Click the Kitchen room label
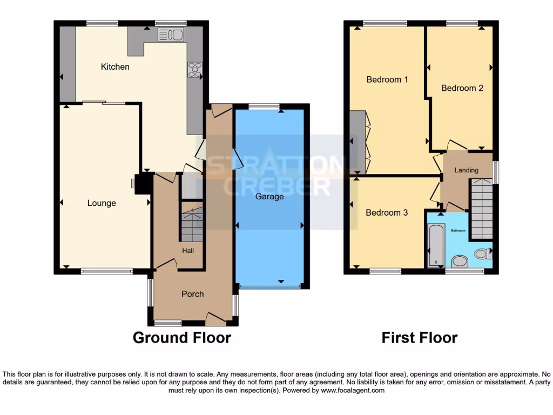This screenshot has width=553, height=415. pos(115,67)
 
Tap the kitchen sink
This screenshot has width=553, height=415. pos(171,35)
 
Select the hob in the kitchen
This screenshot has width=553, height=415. pos(194,70)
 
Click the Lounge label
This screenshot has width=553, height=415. pos(102,203)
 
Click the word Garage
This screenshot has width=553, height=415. pos(269,197)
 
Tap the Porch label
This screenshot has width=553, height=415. pos(192,294)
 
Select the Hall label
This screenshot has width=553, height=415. pos(187,250)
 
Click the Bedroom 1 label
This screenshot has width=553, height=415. pos(387,79)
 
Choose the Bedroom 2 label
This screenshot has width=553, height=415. pos(462,88)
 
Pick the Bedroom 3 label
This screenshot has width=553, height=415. pos(387,212)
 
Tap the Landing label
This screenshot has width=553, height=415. pos(466,170)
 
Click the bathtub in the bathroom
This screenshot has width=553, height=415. pos(436,246)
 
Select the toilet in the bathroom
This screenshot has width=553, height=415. pos(482,253)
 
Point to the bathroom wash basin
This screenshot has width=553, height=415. pos(460,262)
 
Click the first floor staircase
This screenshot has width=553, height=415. pos(481,208)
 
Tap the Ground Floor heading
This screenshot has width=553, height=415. pos(181,338)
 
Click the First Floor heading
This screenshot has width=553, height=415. pos(419,338)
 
